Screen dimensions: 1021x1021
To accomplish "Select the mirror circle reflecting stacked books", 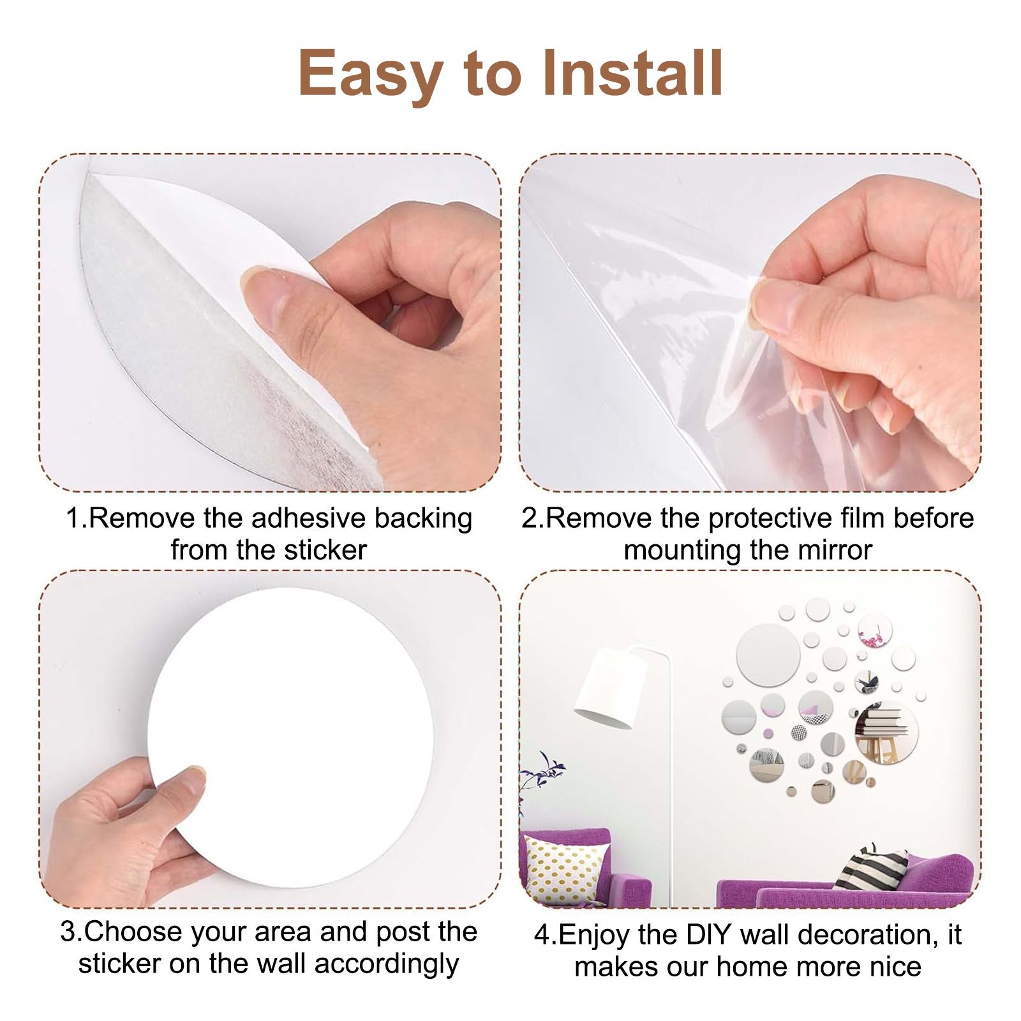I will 885,733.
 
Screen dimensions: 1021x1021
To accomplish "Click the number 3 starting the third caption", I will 68,932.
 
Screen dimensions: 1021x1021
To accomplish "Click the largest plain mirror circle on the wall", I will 768,655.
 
